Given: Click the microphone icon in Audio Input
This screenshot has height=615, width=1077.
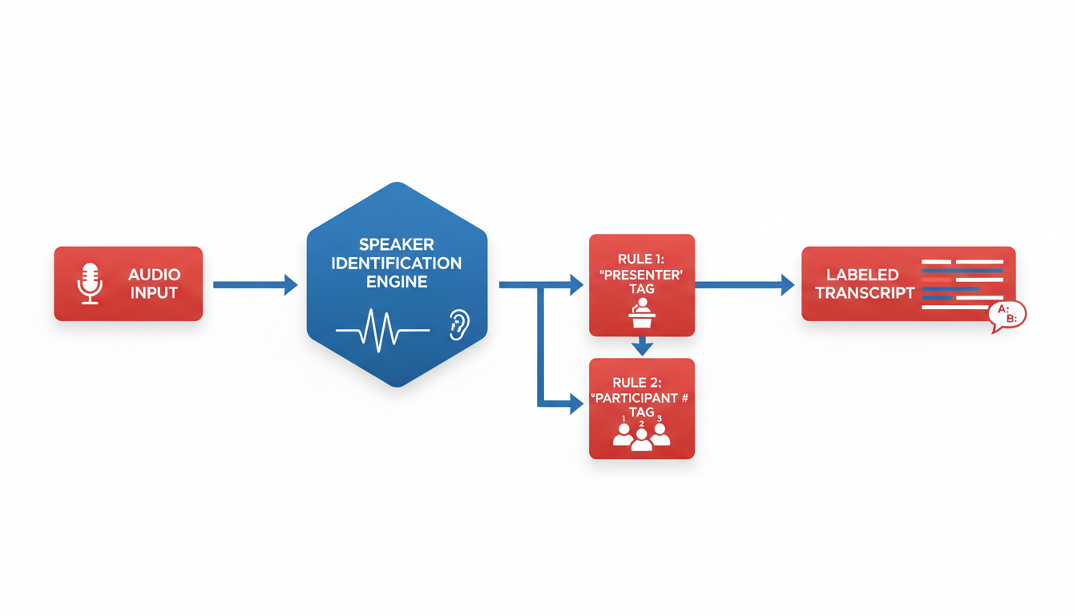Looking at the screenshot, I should tap(88, 283).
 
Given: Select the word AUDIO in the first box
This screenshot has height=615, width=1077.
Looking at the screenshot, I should tap(154, 275).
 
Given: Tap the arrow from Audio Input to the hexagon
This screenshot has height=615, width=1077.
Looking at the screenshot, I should tap(255, 284).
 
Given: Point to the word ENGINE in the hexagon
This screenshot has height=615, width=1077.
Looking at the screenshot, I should tap(397, 282).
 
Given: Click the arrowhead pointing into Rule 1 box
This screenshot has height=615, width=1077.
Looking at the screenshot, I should tap(575, 284).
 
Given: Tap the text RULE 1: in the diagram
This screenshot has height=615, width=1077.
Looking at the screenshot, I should tap(642, 258).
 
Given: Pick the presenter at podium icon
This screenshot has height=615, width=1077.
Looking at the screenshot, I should tap(642, 313).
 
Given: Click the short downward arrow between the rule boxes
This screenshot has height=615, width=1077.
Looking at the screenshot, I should tap(642, 347).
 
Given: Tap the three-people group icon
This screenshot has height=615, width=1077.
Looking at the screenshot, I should tap(641, 436).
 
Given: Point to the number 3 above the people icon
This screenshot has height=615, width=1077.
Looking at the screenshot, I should tap(660, 418).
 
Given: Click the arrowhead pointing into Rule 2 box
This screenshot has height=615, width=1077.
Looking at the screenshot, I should tap(575, 405).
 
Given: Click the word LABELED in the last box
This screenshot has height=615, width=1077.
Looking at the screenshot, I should tap(857, 275).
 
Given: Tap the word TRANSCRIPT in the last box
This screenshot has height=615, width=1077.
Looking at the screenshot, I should tap(865, 292).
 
